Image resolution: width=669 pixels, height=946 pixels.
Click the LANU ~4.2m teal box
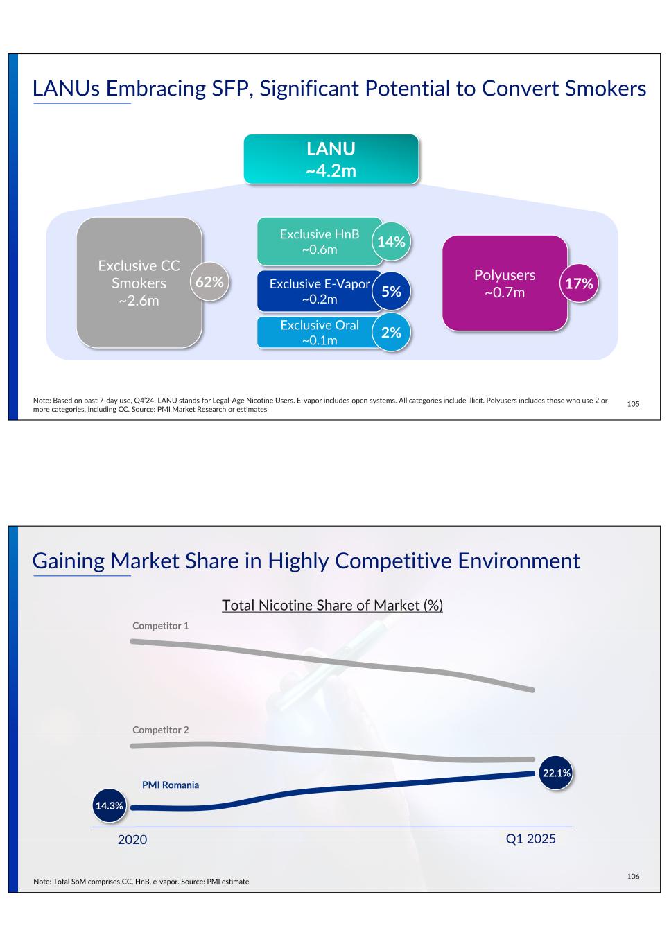(331, 159)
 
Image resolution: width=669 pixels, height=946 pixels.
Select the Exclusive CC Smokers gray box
(139, 283)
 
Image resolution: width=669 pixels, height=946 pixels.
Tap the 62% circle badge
(209, 281)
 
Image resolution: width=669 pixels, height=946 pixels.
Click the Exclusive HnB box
(320, 242)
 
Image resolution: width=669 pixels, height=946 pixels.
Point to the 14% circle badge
(391, 242)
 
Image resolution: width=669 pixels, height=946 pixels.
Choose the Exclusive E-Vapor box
(320, 291)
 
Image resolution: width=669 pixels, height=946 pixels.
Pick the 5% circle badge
(391, 291)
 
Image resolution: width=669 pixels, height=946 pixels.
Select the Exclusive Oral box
(320, 333)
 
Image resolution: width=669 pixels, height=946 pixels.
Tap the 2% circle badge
(391, 333)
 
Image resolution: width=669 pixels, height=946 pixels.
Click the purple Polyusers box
(505, 283)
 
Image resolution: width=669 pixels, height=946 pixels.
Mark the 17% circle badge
(579, 283)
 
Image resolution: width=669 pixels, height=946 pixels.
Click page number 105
(633, 404)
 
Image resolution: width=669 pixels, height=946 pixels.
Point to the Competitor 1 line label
(161, 626)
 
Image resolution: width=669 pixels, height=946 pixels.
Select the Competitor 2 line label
(161, 730)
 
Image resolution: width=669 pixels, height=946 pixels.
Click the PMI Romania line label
(171, 785)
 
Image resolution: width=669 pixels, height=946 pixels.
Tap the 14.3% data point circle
(110, 806)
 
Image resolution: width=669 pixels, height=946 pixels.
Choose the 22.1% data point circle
(556, 773)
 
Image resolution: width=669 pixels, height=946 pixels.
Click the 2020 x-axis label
(132, 839)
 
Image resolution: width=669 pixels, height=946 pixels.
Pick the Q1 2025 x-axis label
(530, 839)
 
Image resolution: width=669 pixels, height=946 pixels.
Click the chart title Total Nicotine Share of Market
(332, 605)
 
